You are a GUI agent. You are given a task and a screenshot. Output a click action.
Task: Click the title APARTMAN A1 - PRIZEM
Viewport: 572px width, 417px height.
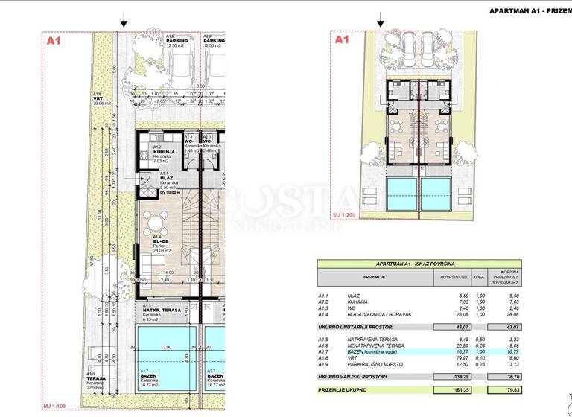530,10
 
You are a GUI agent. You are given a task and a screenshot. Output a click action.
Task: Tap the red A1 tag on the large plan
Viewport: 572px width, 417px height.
53,42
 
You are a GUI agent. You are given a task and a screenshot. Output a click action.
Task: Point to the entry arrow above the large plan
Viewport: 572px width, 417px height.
124,22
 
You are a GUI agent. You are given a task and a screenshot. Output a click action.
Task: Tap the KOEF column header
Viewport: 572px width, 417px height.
480,276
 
